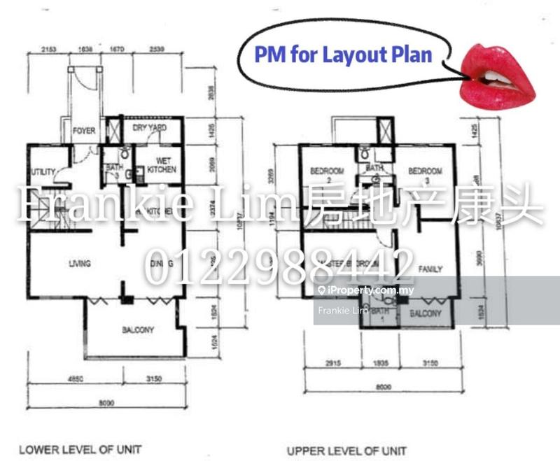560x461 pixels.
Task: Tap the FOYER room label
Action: click(x=84, y=130)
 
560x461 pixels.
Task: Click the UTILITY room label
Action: click(x=43, y=172)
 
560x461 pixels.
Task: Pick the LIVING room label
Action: click(x=79, y=263)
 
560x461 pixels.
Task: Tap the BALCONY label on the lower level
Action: click(x=138, y=329)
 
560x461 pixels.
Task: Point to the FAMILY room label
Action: click(x=430, y=269)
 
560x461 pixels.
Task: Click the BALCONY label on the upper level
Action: click(x=426, y=314)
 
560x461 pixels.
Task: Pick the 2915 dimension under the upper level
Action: click(x=324, y=364)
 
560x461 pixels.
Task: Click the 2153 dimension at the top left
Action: click(x=48, y=50)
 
